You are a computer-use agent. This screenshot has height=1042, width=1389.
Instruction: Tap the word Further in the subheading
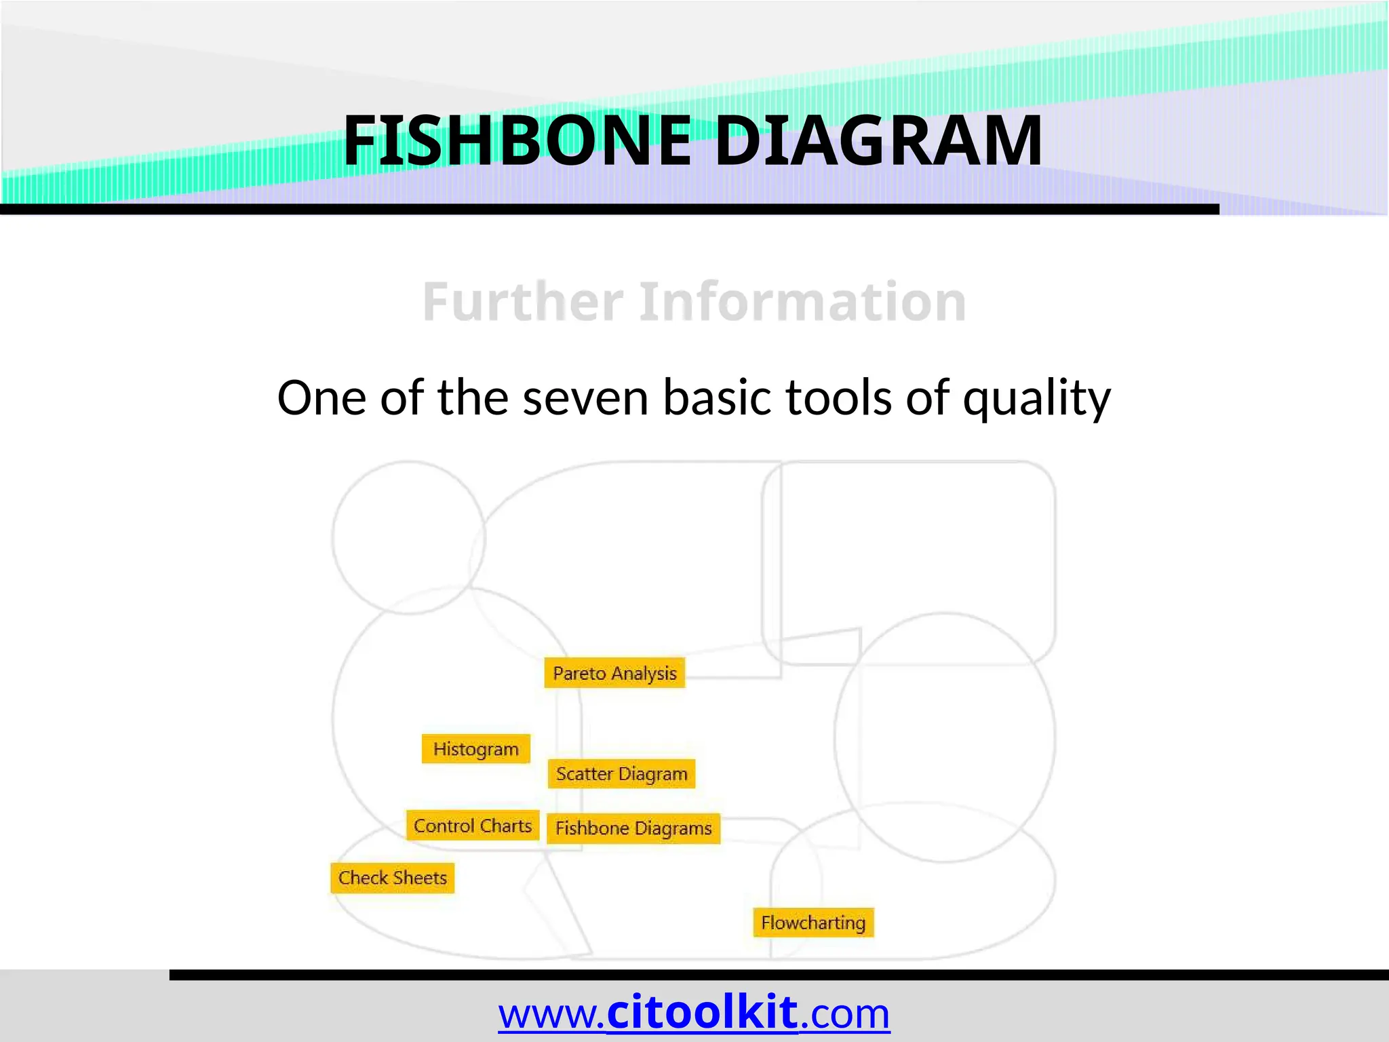point(522,302)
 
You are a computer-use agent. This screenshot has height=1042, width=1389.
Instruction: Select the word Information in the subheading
point(802,302)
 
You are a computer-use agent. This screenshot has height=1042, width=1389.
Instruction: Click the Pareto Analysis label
point(614,673)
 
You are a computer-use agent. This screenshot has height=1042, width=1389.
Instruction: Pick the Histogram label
point(475,749)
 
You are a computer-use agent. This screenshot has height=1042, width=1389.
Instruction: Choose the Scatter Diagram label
point(621,774)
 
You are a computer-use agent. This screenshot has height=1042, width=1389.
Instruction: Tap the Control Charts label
point(473,826)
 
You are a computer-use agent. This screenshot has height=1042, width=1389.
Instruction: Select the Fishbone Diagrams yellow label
point(633,828)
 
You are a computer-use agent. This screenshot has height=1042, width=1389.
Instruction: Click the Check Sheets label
point(393,878)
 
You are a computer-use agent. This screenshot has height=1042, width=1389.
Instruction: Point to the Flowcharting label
point(813,923)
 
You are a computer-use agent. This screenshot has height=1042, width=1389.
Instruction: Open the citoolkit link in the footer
point(702,1013)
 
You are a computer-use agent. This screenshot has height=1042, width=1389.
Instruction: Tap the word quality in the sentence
point(1037,399)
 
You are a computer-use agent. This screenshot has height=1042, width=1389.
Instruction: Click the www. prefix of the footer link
point(551,1014)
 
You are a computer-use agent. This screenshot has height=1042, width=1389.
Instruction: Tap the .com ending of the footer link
point(845,1014)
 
